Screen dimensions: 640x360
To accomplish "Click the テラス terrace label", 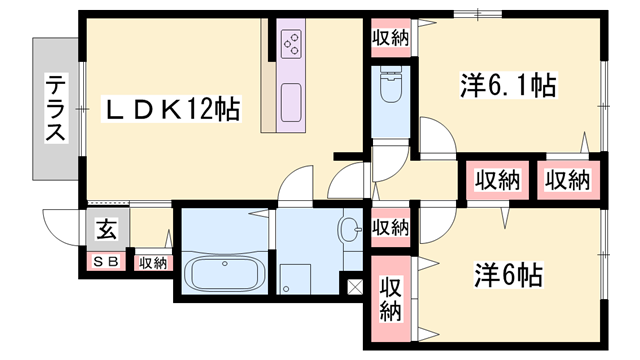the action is pyautogui.click(x=55, y=110).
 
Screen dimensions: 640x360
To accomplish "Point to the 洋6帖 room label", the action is pyautogui.click(x=507, y=273).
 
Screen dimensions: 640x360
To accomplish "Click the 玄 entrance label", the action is pyautogui.click(x=105, y=231).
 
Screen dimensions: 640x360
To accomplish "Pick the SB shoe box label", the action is pyautogui.click(x=106, y=263).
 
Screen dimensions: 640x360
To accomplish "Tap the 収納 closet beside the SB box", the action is pyautogui.click(x=152, y=263).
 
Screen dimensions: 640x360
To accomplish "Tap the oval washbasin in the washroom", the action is pyautogui.click(x=350, y=231).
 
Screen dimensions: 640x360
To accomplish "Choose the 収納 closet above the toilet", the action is pyautogui.click(x=390, y=38).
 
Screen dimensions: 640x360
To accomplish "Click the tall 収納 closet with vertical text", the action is pyautogui.click(x=390, y=300).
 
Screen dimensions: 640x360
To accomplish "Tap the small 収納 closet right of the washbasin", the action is pyautogui.click(x=390, y=227).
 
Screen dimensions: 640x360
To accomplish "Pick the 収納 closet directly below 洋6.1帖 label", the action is pyautogui.click(x=497, y=181).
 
